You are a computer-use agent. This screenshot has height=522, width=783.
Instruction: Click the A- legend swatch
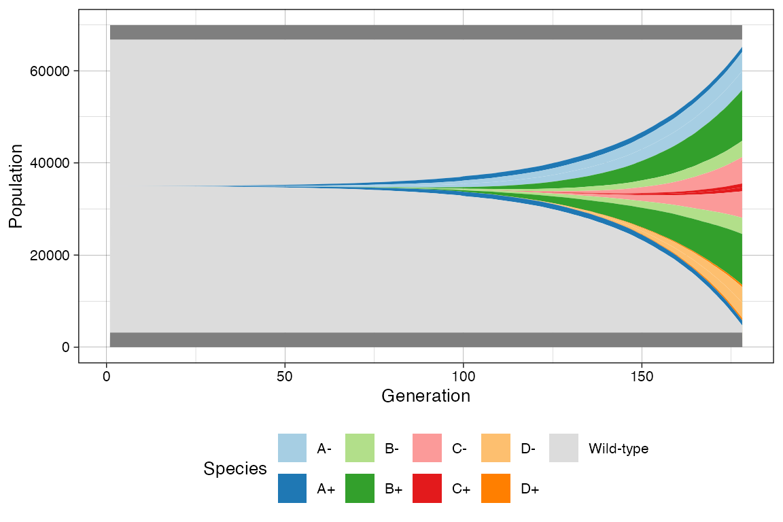pos(292,448)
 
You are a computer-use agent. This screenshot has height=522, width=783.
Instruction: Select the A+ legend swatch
pos(292,488)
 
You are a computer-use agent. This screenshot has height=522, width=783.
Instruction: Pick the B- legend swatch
pos(360,448)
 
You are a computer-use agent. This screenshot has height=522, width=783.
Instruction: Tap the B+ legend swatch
pos(360,488)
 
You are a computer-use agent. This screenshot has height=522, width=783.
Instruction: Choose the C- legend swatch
pos(427,448)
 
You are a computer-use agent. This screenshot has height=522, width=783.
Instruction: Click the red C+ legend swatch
pos(427,488)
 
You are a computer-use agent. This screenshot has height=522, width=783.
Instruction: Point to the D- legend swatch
pos(495,448)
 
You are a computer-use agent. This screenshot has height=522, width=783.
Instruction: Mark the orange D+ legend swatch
pos(495,488)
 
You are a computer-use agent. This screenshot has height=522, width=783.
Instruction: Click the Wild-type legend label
pos(618,449)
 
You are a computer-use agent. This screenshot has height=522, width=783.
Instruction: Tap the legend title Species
pos(234,468)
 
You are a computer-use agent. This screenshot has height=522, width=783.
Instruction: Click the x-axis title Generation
pos(425,396)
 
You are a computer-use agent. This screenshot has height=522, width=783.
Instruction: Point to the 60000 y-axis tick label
pos(50,71)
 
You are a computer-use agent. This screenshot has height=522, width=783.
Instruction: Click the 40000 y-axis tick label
pos(50,163)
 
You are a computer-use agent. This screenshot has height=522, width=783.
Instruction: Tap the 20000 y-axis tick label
pos(50,256)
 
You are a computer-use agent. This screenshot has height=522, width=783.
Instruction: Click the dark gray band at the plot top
pos(425,32)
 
